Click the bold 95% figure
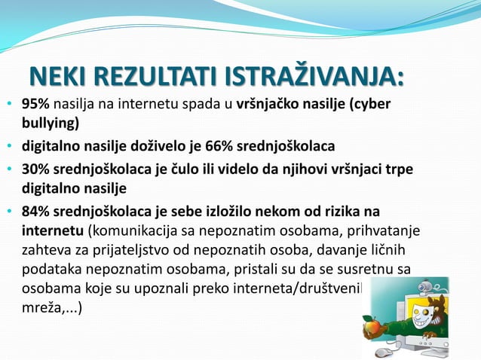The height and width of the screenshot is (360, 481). [x=35, y=104]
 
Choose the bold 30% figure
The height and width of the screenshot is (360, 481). [x=35, y=169]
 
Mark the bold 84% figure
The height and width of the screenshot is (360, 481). [x=35, y=209]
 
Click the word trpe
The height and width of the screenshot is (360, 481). [x=399, y=169]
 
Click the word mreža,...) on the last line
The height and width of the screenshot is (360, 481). [x=52, y=307]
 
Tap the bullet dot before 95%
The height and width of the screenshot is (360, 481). [x=9, y=105]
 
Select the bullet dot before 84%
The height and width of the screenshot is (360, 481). [x=9, y=209]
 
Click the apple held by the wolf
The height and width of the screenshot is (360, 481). [x=371, y=326]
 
